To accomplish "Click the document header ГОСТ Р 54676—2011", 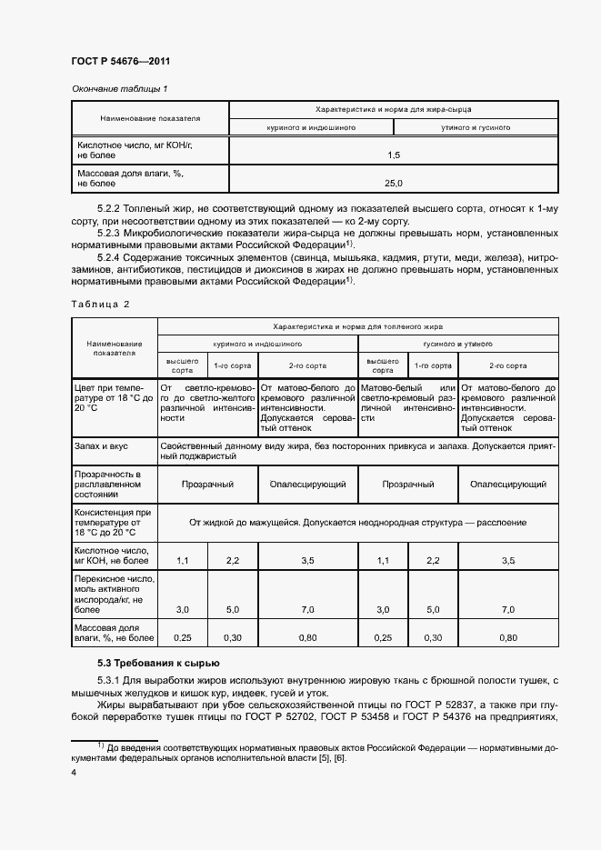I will pyautogui.click(x=121, y=62).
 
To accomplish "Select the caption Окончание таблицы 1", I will pyautogui.click(x=120, y=89).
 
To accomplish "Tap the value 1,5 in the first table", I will pyautogui.click(x=393, y=155).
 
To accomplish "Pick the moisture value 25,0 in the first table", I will pyautogui.click(x=393, y=184).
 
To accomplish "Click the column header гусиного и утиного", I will pyautogui.click(x=457, y=345).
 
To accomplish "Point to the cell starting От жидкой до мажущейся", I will pyautogui.click(x=357, y=524).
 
